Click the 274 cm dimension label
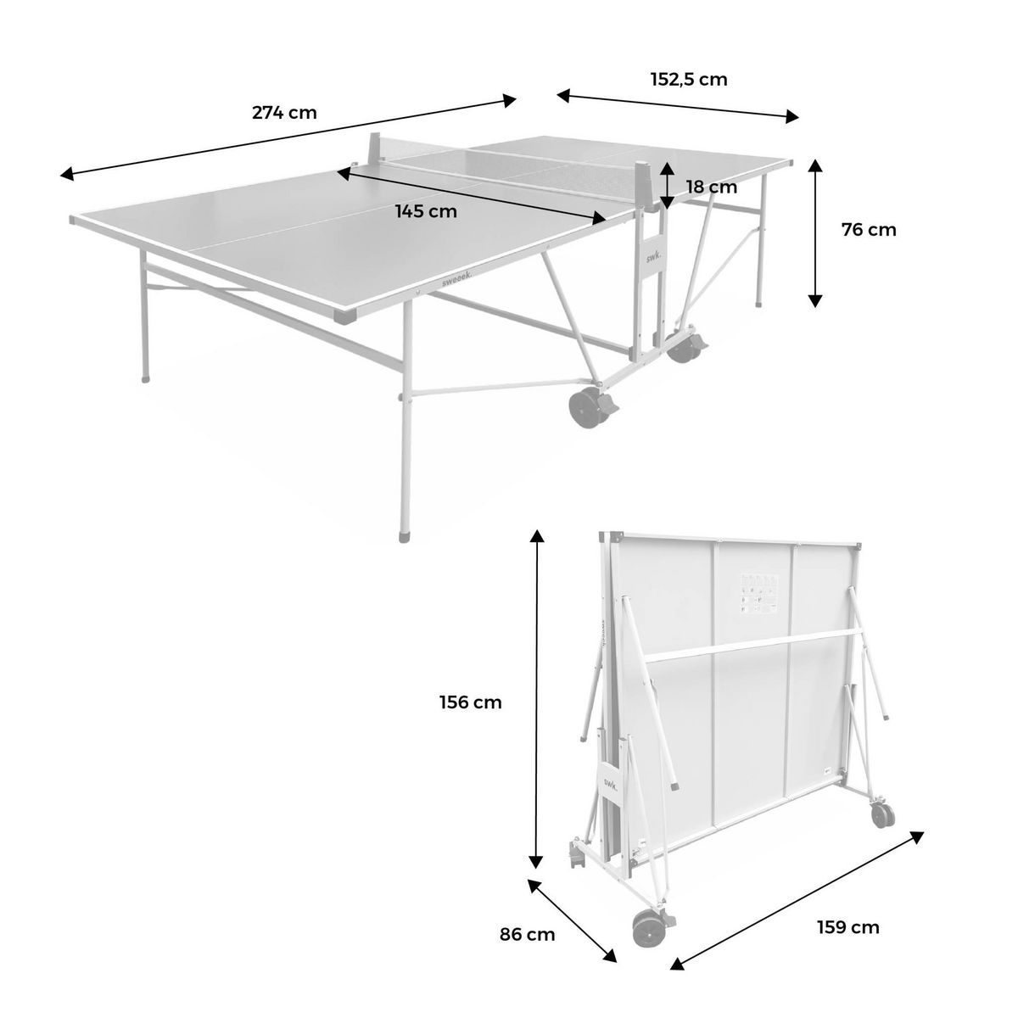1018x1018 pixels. click(284, 113)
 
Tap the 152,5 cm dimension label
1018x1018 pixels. click(689, 80)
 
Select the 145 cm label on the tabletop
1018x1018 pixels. click(426, 211)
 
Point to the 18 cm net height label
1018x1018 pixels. click(712, 187)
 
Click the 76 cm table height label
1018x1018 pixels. click(869, 229)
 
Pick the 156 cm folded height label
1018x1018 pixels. click(470, 702)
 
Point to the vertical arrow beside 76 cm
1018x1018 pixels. click(815, 232)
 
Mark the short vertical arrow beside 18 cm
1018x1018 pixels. click(668, 185)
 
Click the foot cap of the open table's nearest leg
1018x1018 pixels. click(405, 536)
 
